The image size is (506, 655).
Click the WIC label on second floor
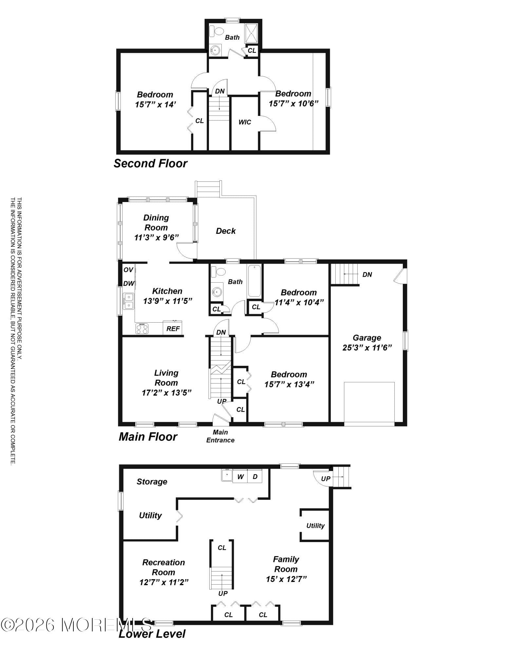(245, 122)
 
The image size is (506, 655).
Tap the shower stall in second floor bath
(252, 33)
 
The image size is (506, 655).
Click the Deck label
(226, 231)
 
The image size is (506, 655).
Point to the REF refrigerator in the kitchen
(173, 328)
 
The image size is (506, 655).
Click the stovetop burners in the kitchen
(142, 328)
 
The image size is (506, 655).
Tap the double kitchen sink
(128, 302)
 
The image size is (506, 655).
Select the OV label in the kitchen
(128, 270)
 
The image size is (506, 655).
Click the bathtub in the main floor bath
(254, 281)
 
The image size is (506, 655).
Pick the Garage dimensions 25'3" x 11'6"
(367, 347)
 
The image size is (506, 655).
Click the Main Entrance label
(220, 436)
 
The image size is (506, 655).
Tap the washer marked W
(240, 477)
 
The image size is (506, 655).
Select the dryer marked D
(255, 477)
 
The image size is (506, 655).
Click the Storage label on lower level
(152, 481)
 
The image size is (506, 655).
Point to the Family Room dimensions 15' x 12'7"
(286, 579)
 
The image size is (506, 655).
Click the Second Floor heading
(150, 163)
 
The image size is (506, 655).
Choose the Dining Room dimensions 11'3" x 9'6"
(156, 237)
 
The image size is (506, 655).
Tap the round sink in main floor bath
(216, 291)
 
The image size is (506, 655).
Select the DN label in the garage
(367, 274)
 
